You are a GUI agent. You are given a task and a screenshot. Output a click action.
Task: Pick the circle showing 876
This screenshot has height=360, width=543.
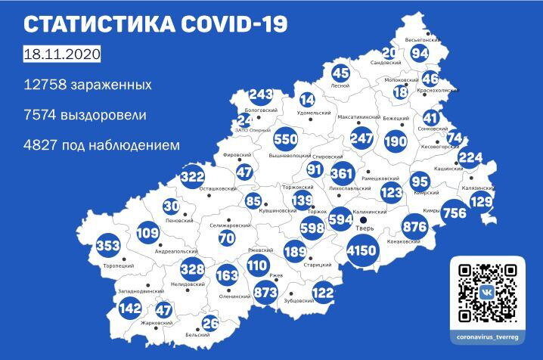[415, 227]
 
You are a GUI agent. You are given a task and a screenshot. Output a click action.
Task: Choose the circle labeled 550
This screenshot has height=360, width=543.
[285, 140]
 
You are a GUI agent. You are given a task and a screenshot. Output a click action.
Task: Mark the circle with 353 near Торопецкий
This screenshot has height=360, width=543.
[108, 247]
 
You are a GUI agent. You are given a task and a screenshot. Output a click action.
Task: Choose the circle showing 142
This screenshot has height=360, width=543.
[129, 308]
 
